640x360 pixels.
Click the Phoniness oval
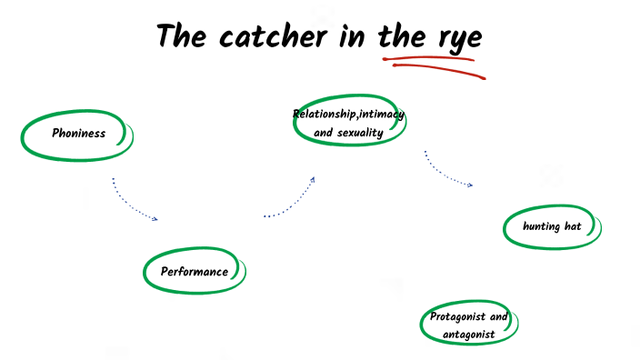click(x=78, y=134)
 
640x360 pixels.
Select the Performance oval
click(x=194, y=272)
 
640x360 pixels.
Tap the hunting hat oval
click(x=553, y=226)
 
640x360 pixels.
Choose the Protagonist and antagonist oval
click(x=469, y=325)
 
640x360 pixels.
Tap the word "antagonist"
click(x=469, y=335)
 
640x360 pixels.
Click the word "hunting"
click(x=541, y=226)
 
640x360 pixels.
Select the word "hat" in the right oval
click(x=573, y=226)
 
